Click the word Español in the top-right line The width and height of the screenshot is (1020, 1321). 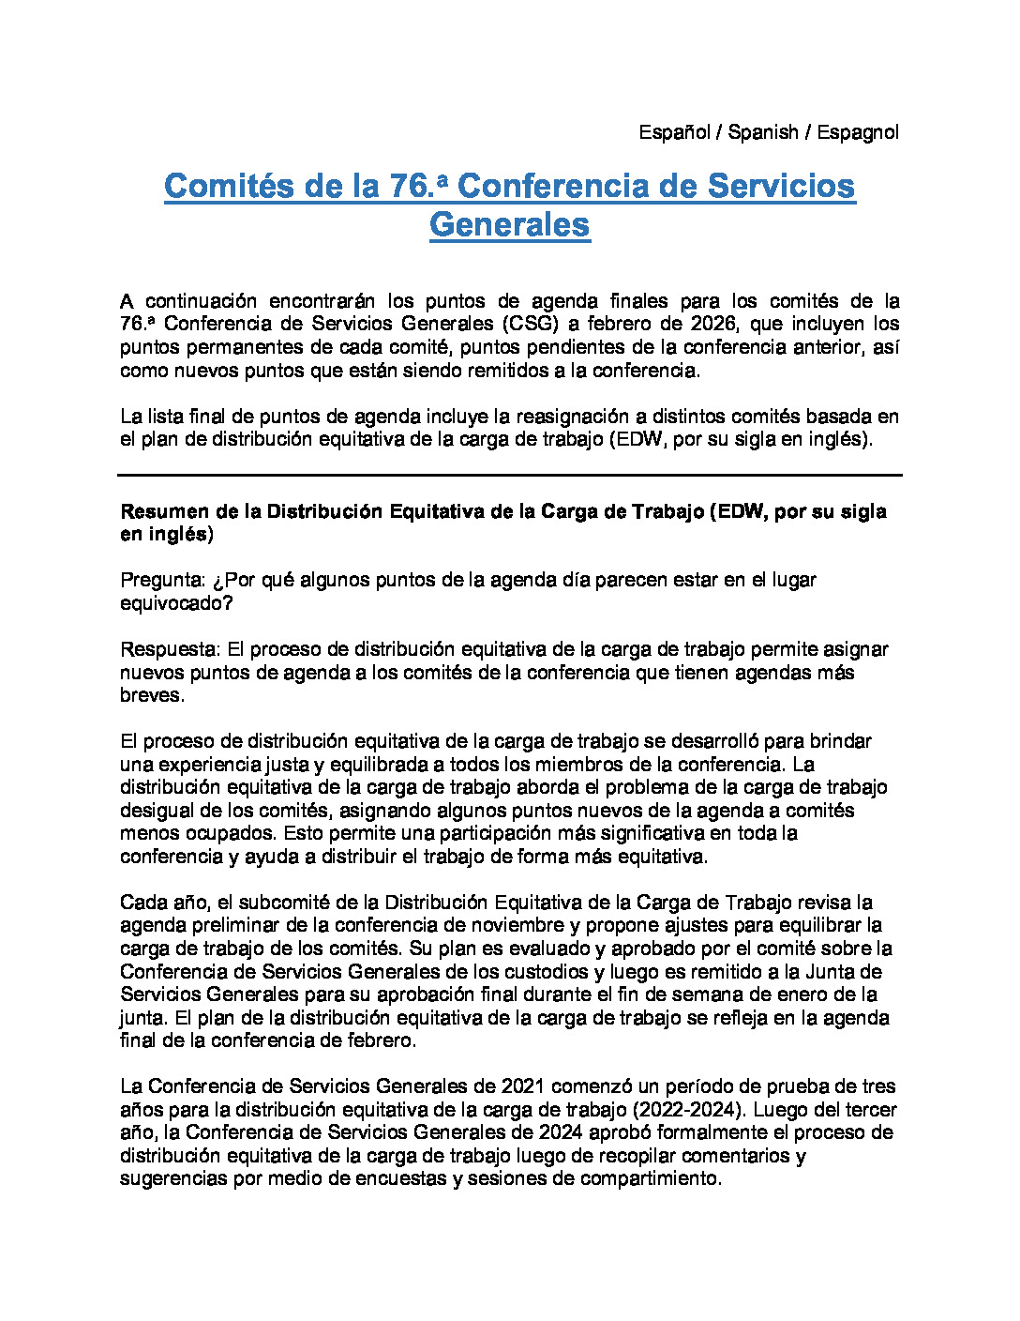(x=674, y=132)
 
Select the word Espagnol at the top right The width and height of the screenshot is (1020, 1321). (x=857, y=132)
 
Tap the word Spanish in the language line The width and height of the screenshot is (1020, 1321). (x=763, y=132)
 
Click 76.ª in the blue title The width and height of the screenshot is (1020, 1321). (x=417, y=186)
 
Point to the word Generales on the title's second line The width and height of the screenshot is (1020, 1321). (x=510, y=224)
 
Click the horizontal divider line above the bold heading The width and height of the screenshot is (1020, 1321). (x=510, y=476)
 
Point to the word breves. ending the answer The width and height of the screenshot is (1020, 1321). (x=151, y=695)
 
